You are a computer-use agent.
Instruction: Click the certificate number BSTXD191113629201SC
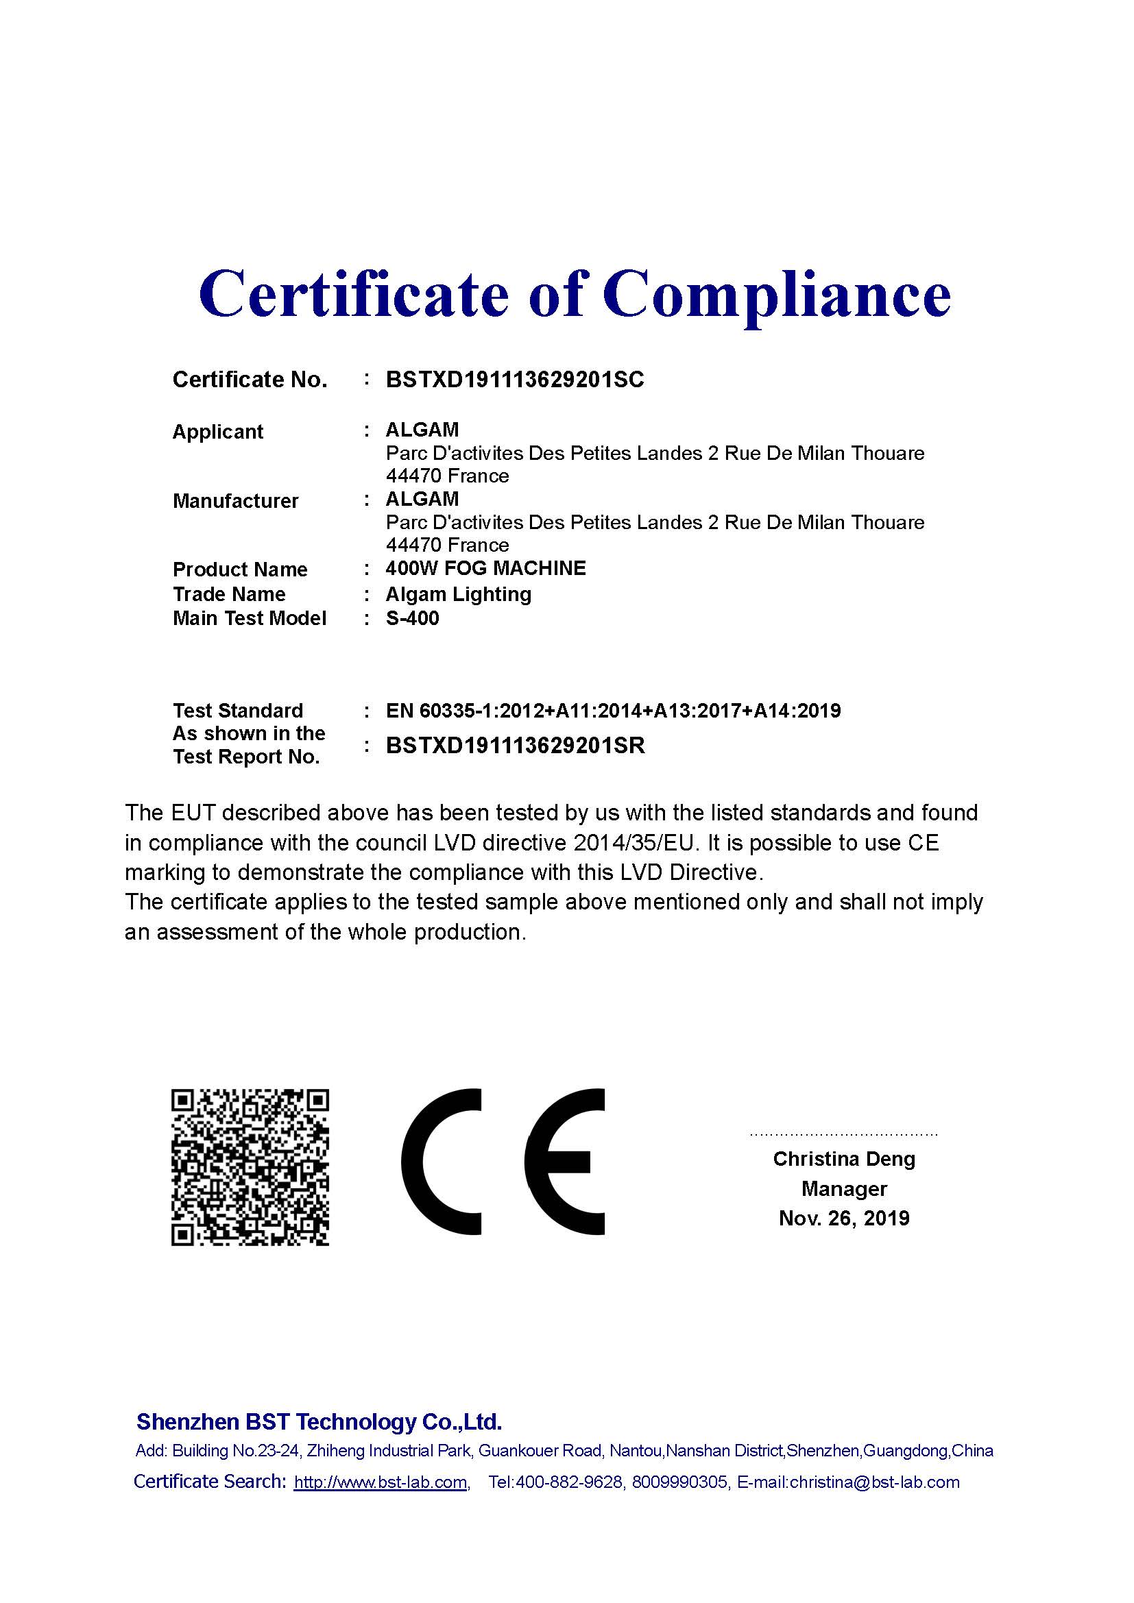point(515,380)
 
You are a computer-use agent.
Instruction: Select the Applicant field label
point(218,432)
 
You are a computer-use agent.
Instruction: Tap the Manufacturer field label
point(235,500)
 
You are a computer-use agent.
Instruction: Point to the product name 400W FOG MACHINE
point(485,568)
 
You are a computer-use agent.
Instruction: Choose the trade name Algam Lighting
point(458,594)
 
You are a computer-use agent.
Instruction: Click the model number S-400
point(412,619)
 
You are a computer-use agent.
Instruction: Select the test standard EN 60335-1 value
point(613,711)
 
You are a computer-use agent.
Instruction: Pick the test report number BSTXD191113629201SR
point(515,746)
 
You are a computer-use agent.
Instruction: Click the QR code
point(250,1166)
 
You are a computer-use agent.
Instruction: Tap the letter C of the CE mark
point(442,1161)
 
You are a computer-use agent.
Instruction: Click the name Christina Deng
point(843,1159)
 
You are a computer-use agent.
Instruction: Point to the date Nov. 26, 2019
point(843,1219)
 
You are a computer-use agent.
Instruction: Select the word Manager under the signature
point(843,1188)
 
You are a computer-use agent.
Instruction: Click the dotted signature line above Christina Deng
point(843,1134)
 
